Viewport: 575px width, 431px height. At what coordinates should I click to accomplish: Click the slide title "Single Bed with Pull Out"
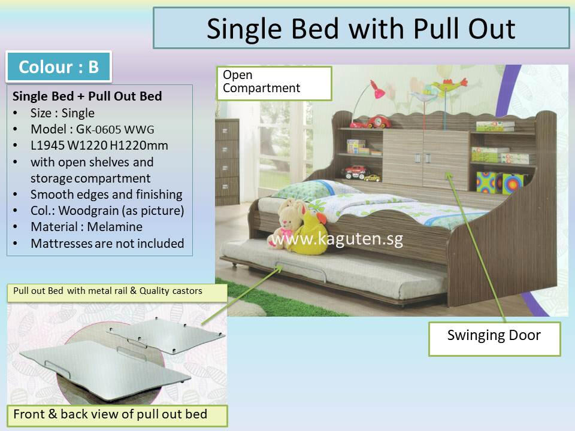[x=361, y=29]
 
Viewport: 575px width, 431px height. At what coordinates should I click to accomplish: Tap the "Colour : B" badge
[x=59, y=66]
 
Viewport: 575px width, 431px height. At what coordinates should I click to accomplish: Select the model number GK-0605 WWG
[x=115, y=129]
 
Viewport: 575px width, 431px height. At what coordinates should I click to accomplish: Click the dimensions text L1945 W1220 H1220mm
[x=99, y=145]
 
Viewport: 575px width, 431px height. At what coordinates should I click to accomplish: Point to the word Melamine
[x=115, y=227]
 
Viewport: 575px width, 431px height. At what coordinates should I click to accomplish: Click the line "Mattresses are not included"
[x=107, y=244]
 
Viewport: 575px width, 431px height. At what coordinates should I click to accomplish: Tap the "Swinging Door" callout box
[x=494, y=339]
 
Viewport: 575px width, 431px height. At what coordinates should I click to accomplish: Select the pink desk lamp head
[x=378, y=90]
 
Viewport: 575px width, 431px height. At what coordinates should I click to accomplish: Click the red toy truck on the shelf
[x=356, y=172]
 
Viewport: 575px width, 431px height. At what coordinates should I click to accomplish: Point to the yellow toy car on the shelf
[x=373, y=178]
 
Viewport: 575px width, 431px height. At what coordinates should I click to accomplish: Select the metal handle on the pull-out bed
[x=300, y=269]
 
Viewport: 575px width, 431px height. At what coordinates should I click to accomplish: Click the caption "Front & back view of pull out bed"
[x=110, y=414]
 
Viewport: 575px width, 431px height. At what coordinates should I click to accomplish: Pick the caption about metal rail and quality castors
[x=108, y=291]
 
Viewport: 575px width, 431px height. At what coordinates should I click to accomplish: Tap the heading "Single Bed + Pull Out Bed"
[x=87, y=96]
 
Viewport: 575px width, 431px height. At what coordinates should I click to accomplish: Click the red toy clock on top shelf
[x=379, y=122]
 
